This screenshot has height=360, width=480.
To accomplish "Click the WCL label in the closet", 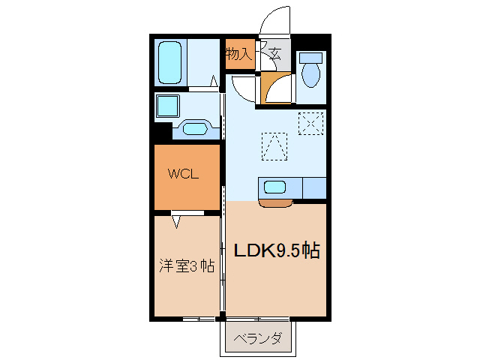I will click(183, 175).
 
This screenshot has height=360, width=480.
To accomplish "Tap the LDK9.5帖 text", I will click(278, 251).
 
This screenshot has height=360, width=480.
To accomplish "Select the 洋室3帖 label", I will click(186, 265).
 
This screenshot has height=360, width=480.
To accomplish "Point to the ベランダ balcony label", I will click(258, 339).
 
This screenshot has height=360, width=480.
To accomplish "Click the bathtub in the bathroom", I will click(171, 64).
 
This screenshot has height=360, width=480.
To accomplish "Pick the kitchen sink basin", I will click(274, 187).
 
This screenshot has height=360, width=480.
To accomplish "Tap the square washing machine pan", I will click(167, 106).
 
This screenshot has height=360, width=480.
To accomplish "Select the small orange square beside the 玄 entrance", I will click(276, 87).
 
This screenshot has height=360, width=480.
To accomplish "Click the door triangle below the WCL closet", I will click(177, 221).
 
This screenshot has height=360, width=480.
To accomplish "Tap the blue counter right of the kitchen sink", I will click(313, 187).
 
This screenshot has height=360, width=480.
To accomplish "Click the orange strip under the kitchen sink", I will click(274, 202).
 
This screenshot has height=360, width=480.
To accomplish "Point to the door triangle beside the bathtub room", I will click(214, 81).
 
